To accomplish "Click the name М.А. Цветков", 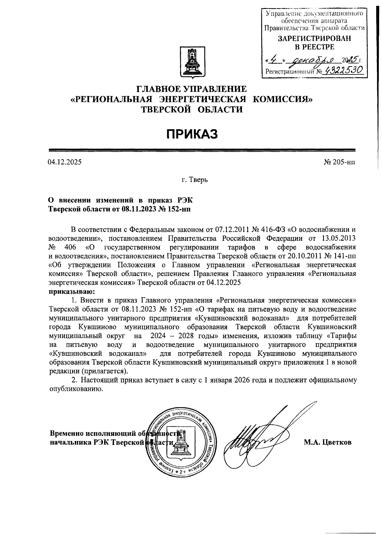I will pyautogui.click(x=328, y=442).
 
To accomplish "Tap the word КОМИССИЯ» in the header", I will pyautogui.click(x=283, y=99).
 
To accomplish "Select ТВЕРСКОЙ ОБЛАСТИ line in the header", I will pyautogui.click(x=192, y=110).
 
